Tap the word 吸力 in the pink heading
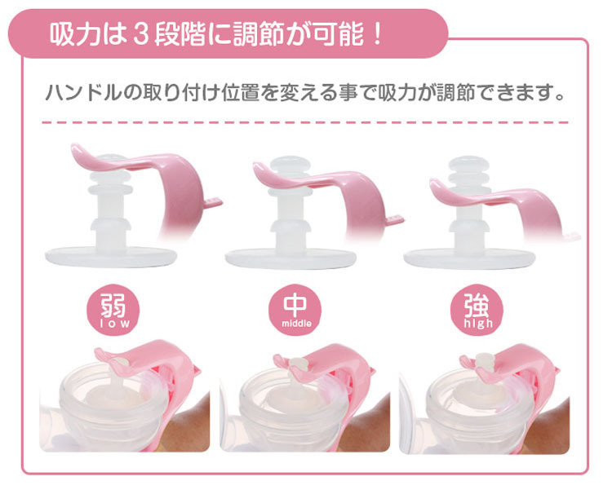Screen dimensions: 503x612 point(73,36)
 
